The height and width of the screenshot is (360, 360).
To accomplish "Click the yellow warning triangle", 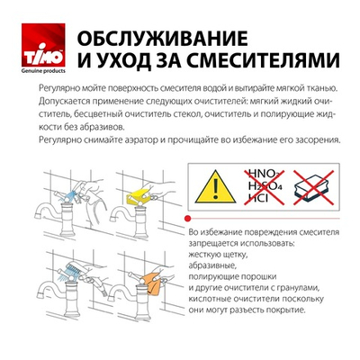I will pos(216,185).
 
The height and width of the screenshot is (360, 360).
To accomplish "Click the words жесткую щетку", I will pos(222,255).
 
